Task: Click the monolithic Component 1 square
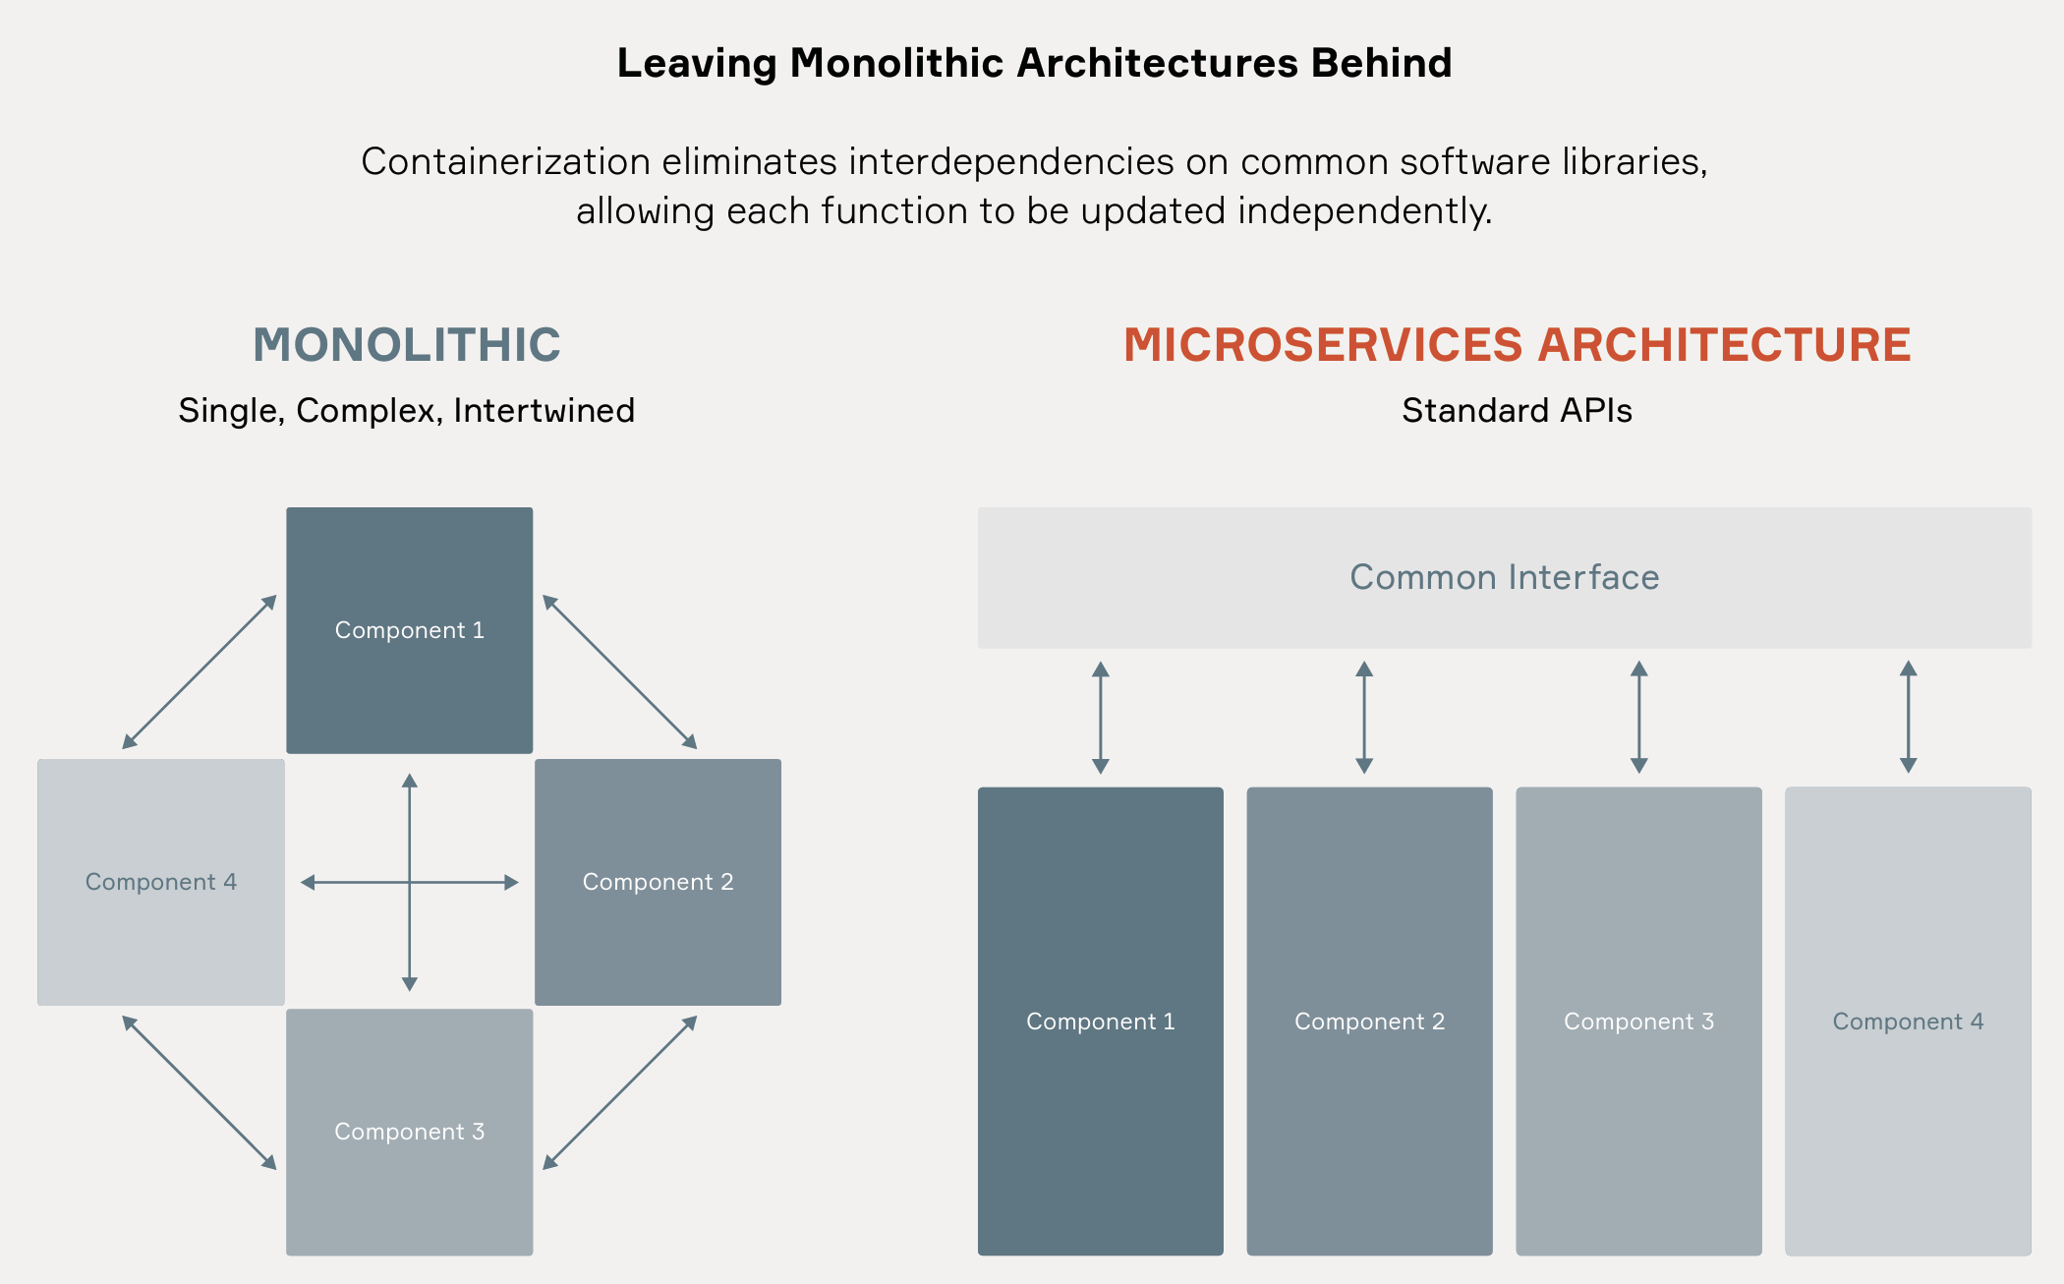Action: coord(409,630)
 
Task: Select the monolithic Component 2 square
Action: coord(658,882)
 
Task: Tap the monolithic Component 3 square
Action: coord(409,1132)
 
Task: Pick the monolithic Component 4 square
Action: coord(161,882)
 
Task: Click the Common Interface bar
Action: coord(1504,577)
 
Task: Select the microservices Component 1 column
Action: coord(1101,1021)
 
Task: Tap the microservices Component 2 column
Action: coord(1369,1021)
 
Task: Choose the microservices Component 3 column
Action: coord(1638,1021)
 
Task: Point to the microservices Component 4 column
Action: coord(1908,1021)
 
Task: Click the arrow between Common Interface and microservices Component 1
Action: coord(1101,718)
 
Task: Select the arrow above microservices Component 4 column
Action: coord(1908,717)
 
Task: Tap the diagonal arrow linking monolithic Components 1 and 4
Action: coord(200,671)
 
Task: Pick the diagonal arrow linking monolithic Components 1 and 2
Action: coord(620,671)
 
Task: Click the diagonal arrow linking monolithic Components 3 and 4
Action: coord(200,1092)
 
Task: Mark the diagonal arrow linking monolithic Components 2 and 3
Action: coord(620,1092)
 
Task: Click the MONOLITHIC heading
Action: coord(407,345)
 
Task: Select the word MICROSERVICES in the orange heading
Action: coord(1323,345)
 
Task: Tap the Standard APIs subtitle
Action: coord(1517,410)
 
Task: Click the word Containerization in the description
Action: coord(506,161)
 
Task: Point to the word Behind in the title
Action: coord(1381,63)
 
